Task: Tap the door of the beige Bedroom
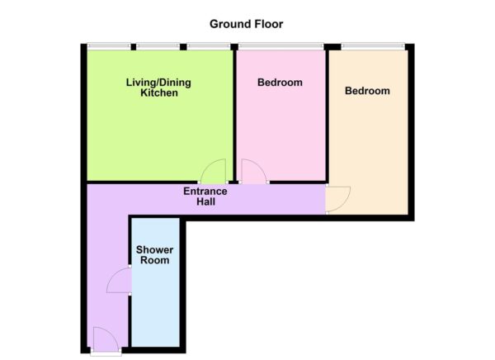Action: point(337,199)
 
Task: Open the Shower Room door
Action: point(120,280)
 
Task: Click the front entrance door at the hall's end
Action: point(104,339)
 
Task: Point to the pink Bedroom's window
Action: point(280,45)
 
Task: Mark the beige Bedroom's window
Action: point(372,45)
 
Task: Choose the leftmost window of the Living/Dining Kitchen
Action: point(110,45)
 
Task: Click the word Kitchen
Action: point(158,94)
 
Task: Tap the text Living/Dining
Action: point(159,83)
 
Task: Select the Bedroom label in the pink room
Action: point(280,83)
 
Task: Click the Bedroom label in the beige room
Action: point(367,91)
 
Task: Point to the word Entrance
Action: point(205,191)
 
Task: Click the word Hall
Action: point(205,201)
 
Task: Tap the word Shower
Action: point(154,249)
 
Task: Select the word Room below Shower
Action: point(154,260)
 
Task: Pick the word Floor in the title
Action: point(270,24)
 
